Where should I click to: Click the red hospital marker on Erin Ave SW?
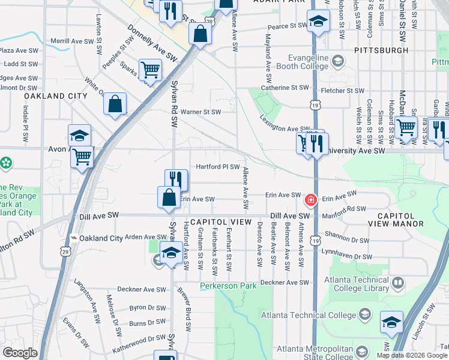[x=311, y=199]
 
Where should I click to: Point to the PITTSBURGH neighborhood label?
[x=381, y=50]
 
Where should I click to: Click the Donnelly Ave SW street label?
[x=154, y=45]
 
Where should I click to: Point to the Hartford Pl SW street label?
[x=218, y=167]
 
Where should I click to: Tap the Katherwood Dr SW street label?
[x=139, y=338]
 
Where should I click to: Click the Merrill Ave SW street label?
[x=72, y=41]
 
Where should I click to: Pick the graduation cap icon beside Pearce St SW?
[x=318, y=22]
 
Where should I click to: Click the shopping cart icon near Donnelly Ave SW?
[x=149, y=70]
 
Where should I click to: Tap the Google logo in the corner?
[x=20, y=353]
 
